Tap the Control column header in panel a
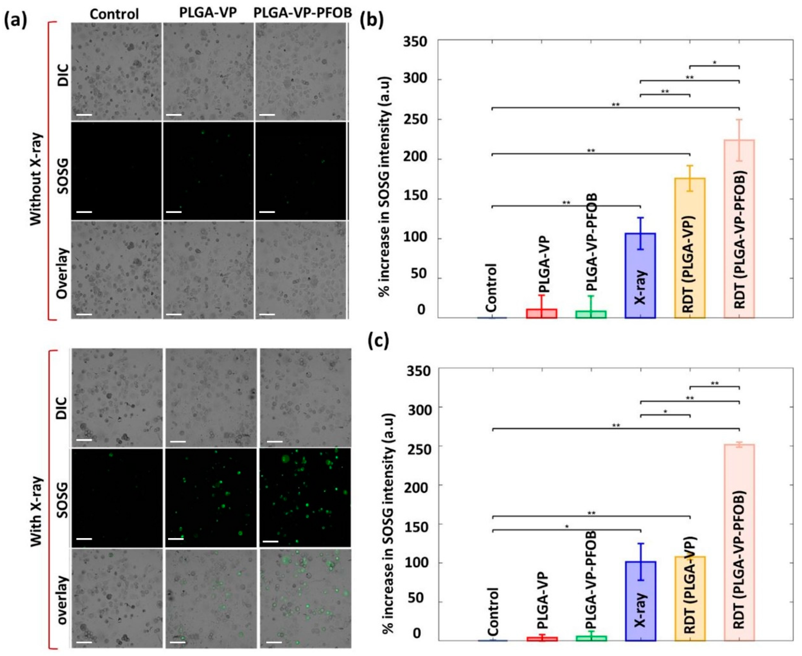click(x=114, y=14)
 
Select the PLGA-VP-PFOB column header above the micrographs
click(x=302, y=12)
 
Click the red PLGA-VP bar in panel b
click(x=541, y=313)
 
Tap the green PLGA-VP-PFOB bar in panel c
click(x=591, y=638)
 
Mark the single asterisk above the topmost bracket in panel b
click(x=714, y=62)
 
